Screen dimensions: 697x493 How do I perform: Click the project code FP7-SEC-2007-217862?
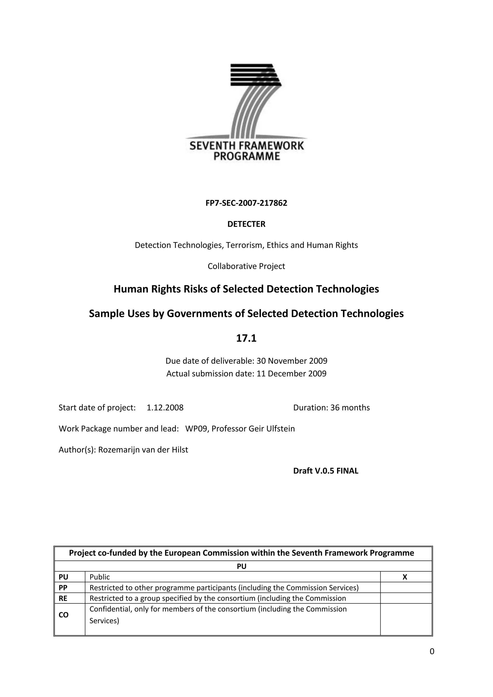click(x=246, y=203)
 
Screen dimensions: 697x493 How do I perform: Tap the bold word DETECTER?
click(x=246, y=224)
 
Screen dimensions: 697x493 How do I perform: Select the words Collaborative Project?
click(x=246, y=266)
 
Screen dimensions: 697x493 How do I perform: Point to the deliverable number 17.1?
click(x=246, y=338)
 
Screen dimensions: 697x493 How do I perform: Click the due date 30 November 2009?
click(x=292, y=361)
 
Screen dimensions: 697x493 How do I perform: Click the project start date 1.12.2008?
click(x=165, y=408)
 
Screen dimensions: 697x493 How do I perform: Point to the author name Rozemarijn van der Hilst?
click(x=143, y=450)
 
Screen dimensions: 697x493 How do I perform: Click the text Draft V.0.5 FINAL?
click(x=325, y=471)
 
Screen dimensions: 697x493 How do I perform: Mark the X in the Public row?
click(x=405, y=577)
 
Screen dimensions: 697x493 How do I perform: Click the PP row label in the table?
click(x=63, y=588)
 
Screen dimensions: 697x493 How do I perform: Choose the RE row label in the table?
click(x=63, y=598)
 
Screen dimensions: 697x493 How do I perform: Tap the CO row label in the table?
click(x=64, y=615)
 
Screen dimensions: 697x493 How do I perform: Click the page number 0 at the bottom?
click(x=432, y=652)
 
